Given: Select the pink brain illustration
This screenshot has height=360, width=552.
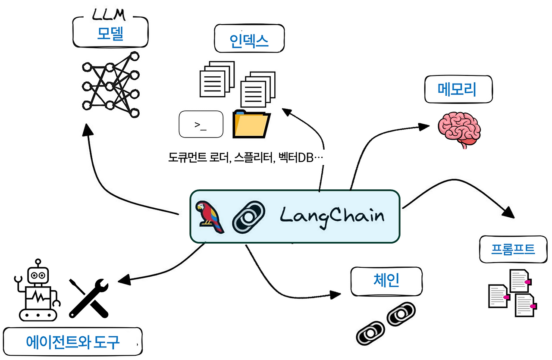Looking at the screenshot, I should click(459, 128).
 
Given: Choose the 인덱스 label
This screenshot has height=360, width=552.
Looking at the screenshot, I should click(250, 41).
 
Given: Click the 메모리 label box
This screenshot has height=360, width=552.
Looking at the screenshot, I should click(458, 90).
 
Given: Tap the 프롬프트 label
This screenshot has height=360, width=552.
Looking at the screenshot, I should click(513, 250).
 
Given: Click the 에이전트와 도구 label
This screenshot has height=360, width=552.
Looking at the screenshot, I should click(72, 342).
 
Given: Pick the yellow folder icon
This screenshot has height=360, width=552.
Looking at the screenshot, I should click(251, 124).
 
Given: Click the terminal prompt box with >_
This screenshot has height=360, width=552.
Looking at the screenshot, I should click(201, 125).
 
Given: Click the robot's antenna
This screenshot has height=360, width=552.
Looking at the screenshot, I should click(38, 262).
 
